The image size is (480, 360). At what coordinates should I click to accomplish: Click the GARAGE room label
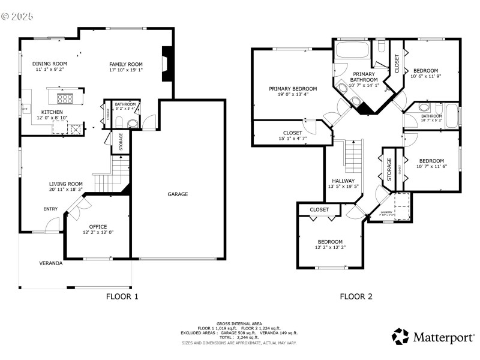coord(178,194)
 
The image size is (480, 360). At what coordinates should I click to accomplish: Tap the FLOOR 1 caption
coord(122,296)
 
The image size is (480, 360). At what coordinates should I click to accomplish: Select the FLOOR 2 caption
coord(356,296)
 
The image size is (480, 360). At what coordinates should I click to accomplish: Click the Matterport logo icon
coord(400,337)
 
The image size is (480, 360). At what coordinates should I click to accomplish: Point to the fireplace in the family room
coord(169,63)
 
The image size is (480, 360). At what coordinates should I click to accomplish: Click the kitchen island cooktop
coord(64,98)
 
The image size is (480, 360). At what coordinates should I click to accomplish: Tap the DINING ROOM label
coord(49,64)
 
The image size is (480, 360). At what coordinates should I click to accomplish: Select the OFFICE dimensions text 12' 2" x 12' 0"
coord(98,232)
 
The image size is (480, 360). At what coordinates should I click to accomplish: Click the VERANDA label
coord(51,263)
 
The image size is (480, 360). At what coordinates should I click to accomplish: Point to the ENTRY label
coord(50,209)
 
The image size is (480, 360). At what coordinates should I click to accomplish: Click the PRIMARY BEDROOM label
coord(293,89)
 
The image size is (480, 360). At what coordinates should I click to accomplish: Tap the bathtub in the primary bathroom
coord(350,49)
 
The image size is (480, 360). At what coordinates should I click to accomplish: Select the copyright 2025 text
coord(18,16)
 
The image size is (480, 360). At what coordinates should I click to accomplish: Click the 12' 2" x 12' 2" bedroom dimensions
coord(330,247)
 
